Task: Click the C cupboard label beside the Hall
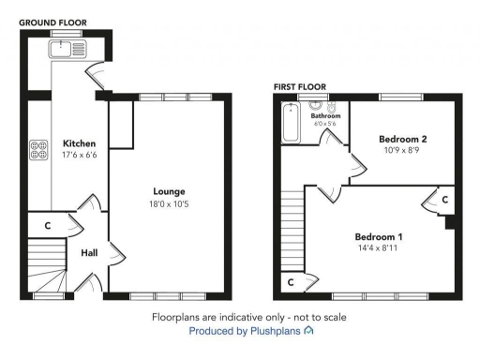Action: click(47, 226)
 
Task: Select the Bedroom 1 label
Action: click(378, 236)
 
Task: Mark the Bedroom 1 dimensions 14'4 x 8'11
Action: click(378, 247)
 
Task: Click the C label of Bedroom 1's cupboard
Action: click(444, 200)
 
